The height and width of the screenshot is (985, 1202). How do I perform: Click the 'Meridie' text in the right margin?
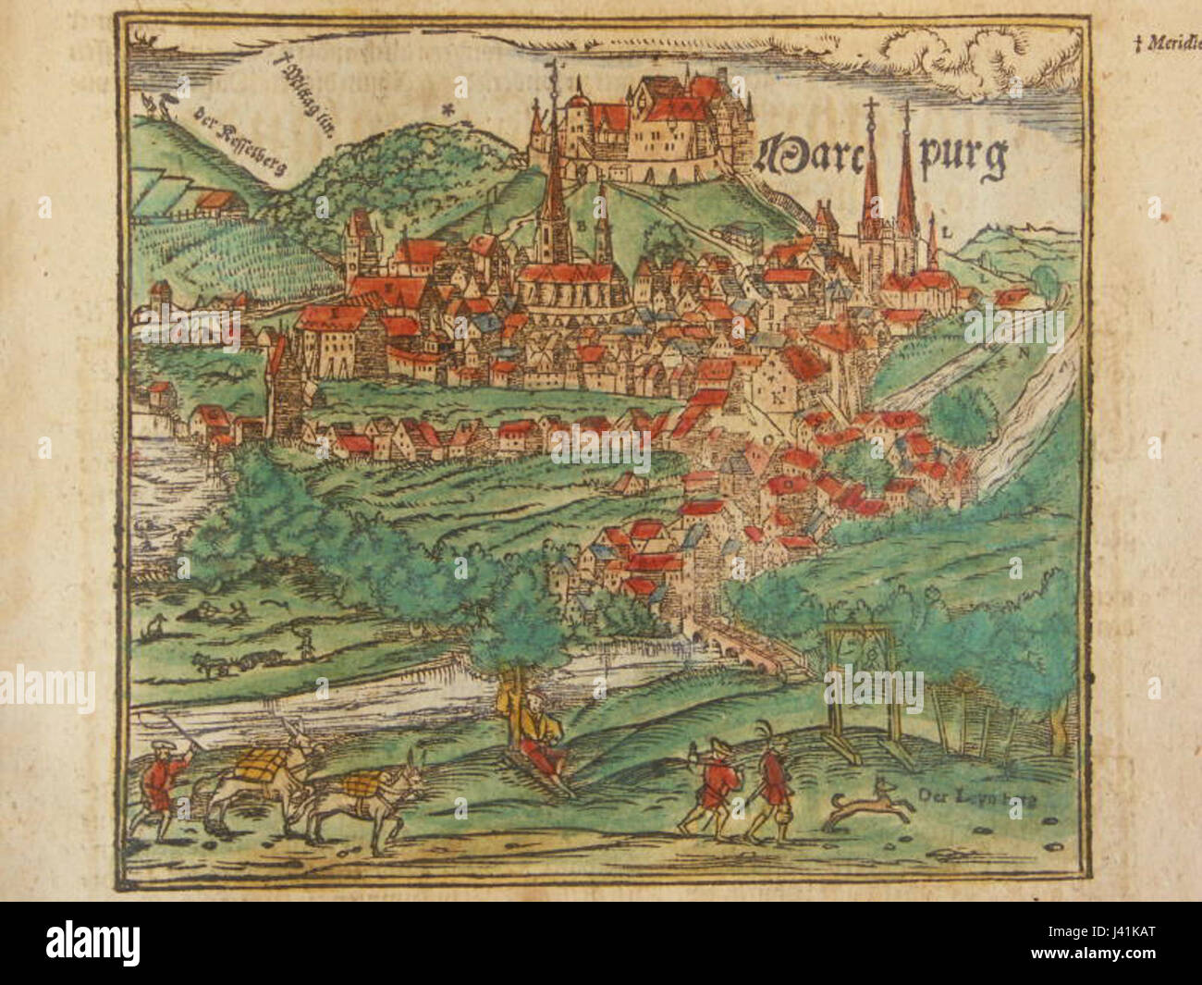tap(1169, 43)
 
